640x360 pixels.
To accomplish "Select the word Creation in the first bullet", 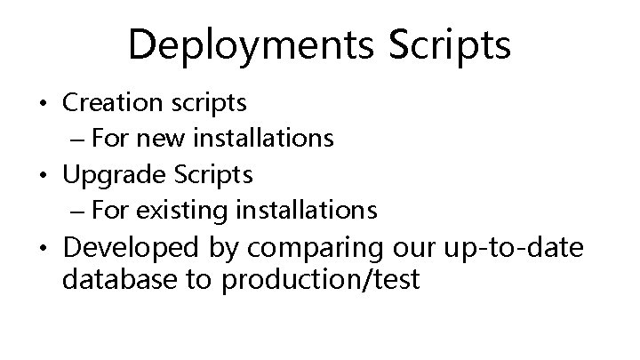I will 109,103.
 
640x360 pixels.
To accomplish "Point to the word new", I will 156,139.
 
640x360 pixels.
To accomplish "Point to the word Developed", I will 124,247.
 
